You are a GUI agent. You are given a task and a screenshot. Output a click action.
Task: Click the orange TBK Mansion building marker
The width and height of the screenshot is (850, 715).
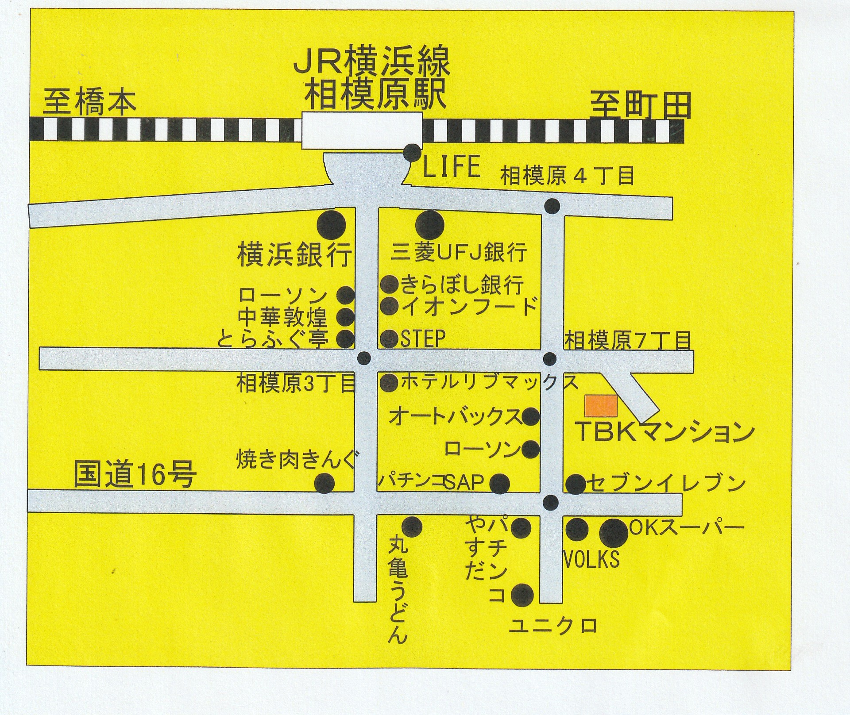pyautogui.click(x=601, y=406)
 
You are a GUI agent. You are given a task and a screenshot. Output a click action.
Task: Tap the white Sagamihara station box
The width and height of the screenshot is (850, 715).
pyautogui.click(x=362, y=130)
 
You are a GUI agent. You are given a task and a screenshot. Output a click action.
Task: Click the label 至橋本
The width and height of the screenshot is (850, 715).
pyautogui.click(x=89, y=103)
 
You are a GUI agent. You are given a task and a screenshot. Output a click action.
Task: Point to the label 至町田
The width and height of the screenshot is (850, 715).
pyautogui.click(x=641, y=105)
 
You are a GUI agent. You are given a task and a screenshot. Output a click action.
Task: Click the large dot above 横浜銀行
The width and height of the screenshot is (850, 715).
pyautogui.click(x=332, y=225)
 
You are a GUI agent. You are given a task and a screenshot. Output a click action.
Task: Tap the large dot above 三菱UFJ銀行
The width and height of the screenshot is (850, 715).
pyautogui.click(x=429, y=225)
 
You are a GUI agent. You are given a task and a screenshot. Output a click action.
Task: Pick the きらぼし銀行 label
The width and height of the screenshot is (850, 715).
pyautogui.click(x=462, y=284)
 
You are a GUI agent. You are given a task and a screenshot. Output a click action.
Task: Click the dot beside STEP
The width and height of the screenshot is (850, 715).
pyautogui.click(x=390, y=338)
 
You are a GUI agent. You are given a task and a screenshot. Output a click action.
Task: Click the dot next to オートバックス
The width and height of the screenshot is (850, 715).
pyautogui.click(x=530, y=416)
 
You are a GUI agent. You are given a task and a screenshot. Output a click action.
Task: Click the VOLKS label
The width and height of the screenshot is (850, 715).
pyautogui.click(x=591, y=560)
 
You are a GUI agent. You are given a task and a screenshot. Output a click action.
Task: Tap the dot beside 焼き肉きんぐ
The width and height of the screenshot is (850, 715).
pyautogui.click(x=324, y=483)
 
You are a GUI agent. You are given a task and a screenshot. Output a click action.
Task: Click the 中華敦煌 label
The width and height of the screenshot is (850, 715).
pyautogui.click(x=282, y=317)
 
